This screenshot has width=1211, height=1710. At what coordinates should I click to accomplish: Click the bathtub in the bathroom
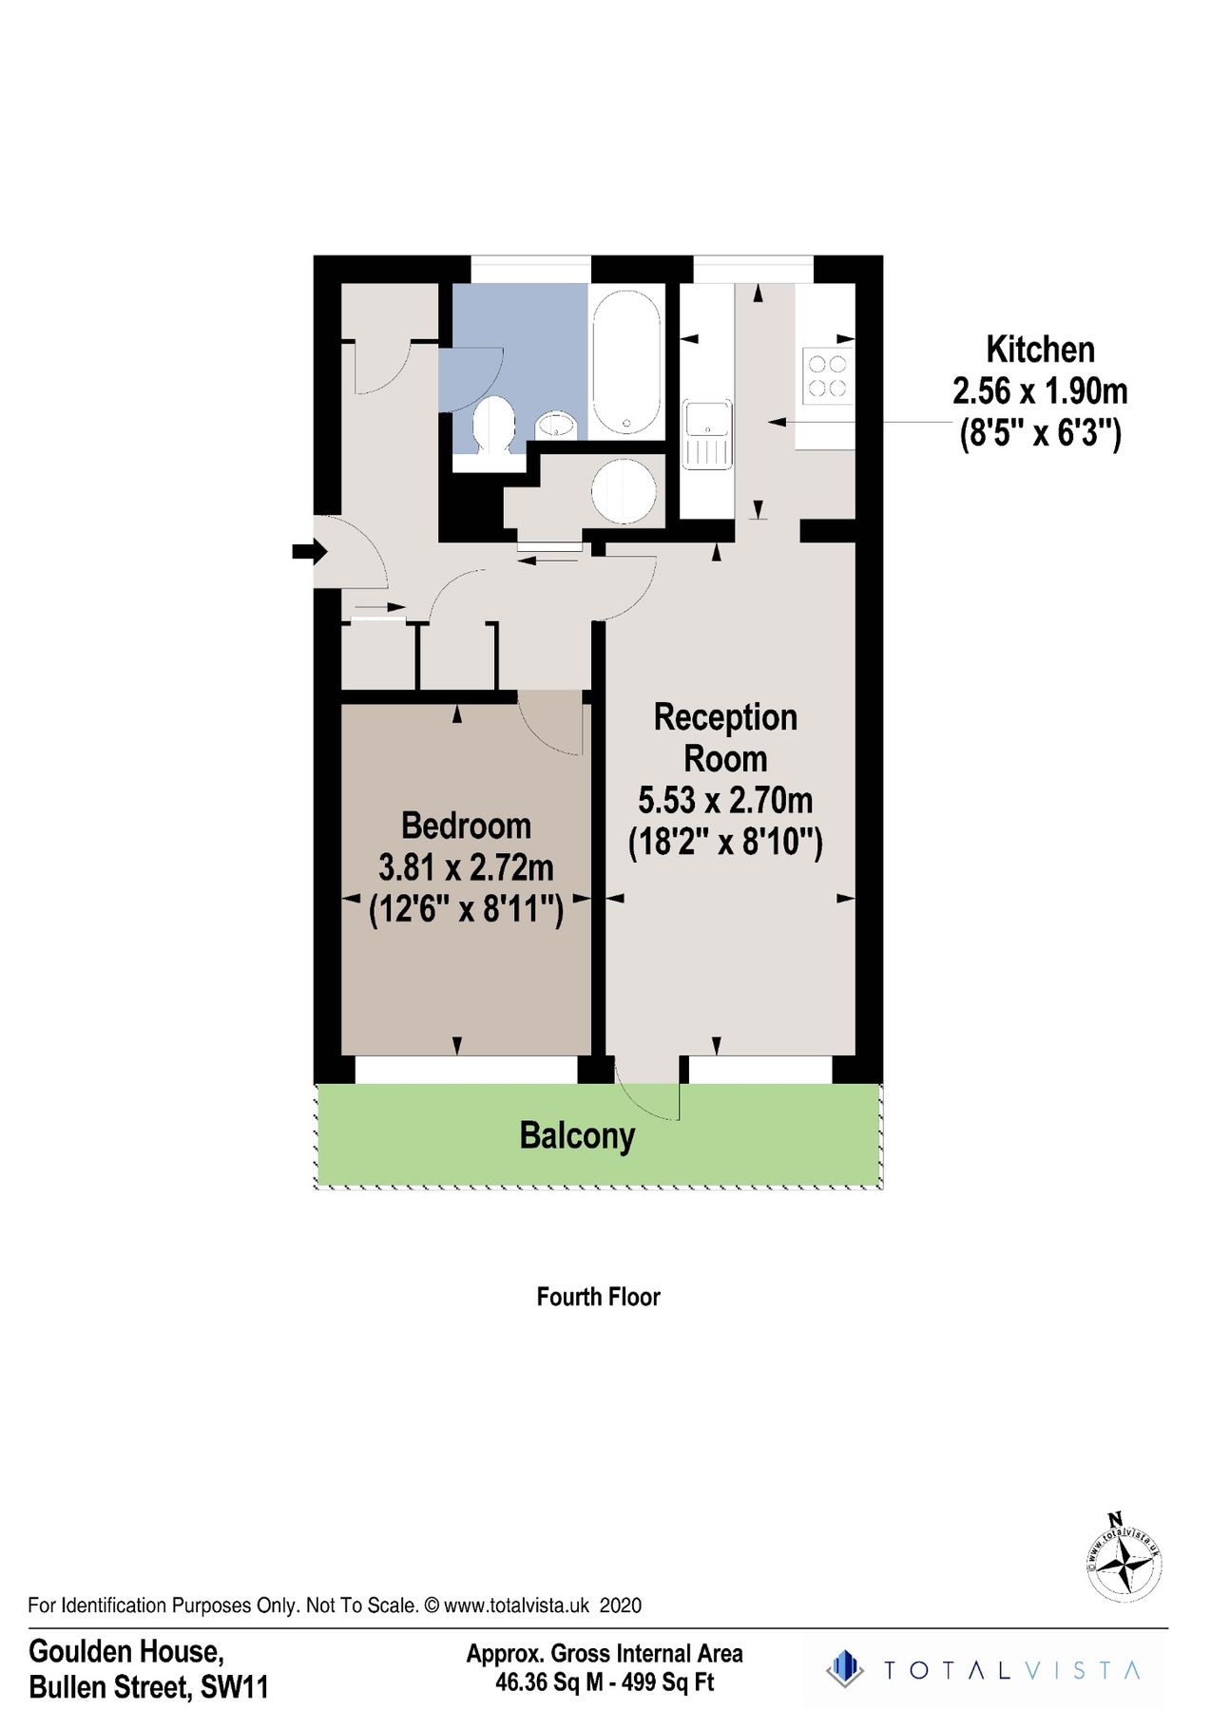pyautogui.click(x=625, y=363)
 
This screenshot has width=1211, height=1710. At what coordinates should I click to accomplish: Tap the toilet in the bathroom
pyautogui.click(x=493, y=426)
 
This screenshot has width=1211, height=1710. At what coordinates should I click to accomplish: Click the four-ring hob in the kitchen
pyautogui.click(x=826, y=375)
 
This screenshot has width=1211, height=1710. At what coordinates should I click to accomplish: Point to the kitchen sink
pyautogui.click(x=707, y=434)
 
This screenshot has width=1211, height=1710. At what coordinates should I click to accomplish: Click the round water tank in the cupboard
pyautogui.click(x=624, y=490)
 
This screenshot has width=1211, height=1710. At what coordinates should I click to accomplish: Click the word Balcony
pyautogui.click(x=577, y=1136)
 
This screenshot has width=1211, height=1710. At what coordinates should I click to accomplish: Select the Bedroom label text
pyautogui.click(x=466, y=826)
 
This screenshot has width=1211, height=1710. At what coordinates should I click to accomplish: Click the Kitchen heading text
pyautogui.click(x=1040, y=350)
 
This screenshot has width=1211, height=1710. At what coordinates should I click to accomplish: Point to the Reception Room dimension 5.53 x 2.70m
pyautogui.click(x=725, y=801)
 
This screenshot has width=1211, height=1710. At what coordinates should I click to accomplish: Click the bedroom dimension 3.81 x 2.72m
pyautogui.click(x=466, y=867)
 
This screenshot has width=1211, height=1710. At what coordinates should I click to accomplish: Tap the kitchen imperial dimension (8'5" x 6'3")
pyautogui.click(x=1040, y=434)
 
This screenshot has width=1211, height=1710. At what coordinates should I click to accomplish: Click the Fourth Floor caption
pyautogui.click(x=598, y=1297)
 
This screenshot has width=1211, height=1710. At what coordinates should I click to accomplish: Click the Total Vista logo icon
pyautogui.click(x=843, y=1670)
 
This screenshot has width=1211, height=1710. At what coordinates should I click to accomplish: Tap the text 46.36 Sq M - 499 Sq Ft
pyautogui.click(x=605, y=1682)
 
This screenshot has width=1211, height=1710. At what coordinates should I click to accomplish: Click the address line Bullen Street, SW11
pyautogui.click(x=149, y=1687)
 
